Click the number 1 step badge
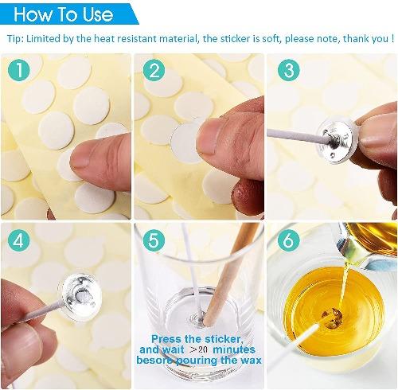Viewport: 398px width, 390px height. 19,71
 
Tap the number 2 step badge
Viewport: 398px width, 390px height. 152,71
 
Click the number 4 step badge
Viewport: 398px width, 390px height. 19,239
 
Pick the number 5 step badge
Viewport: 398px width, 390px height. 152,239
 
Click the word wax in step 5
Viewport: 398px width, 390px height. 244,361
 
